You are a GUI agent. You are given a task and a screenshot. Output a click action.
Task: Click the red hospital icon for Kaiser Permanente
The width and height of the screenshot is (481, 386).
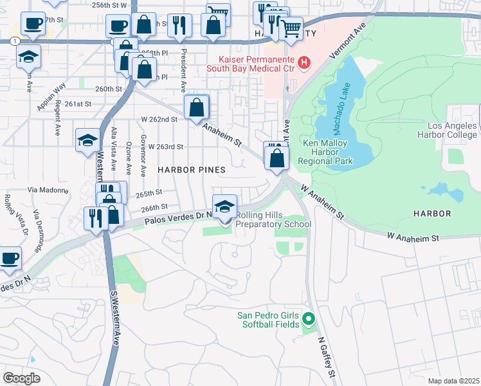click(304, 63)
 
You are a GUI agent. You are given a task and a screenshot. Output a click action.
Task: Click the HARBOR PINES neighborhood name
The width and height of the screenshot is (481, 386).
click(192, 170)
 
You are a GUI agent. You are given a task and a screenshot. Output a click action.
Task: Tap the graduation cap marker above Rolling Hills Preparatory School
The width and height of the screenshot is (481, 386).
click(224, 207)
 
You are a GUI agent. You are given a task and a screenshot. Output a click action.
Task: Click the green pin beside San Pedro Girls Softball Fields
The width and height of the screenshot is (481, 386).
click(309, 318)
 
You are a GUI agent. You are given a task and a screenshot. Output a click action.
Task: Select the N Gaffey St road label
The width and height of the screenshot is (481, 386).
click(325, 358)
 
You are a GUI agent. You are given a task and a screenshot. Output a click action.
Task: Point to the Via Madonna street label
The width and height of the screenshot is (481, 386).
click(47, 190)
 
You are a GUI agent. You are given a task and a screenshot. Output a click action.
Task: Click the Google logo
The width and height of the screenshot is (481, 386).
click(21, 378)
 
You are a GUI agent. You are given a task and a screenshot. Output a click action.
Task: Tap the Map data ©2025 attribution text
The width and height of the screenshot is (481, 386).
click(453, 381)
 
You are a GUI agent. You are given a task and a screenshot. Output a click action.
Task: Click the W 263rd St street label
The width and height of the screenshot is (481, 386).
click(166, 147)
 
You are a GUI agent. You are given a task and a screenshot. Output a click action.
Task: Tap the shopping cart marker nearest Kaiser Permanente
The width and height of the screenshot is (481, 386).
click(291, 29)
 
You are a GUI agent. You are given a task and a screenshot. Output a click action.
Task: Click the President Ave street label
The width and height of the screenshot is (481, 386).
click(184, 71)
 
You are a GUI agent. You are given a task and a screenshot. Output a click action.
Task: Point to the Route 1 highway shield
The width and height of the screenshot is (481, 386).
click(14, 41)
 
